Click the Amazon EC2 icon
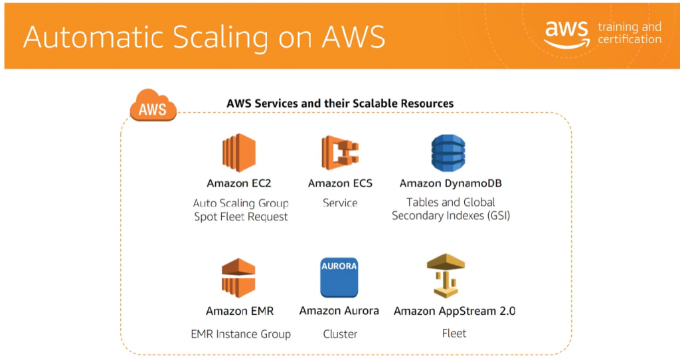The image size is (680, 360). [x=239, y=153]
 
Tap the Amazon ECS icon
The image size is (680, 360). [x=340, y=152]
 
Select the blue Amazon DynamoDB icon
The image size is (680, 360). [x=448, y=153]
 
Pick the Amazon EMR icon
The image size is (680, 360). [x=239, y=278]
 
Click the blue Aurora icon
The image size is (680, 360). [x=339, y=278]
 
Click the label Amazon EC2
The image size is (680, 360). [x=239, y=183]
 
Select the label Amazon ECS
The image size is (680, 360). [x=340, y=183]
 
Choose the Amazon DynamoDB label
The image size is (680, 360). [x=448, y=183]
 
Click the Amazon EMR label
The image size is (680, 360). [x=240, y=311]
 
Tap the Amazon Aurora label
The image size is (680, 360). [x=339, y=311]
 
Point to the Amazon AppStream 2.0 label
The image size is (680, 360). [x=455, y=311]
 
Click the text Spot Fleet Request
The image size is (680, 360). [x=241, y=217]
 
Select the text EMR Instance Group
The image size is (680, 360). [x=240, y=334]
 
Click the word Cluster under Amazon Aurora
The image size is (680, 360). [x=340, y=334]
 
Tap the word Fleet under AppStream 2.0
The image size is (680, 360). [x=454, y=333]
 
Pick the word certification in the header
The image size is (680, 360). [x=630, y=39]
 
